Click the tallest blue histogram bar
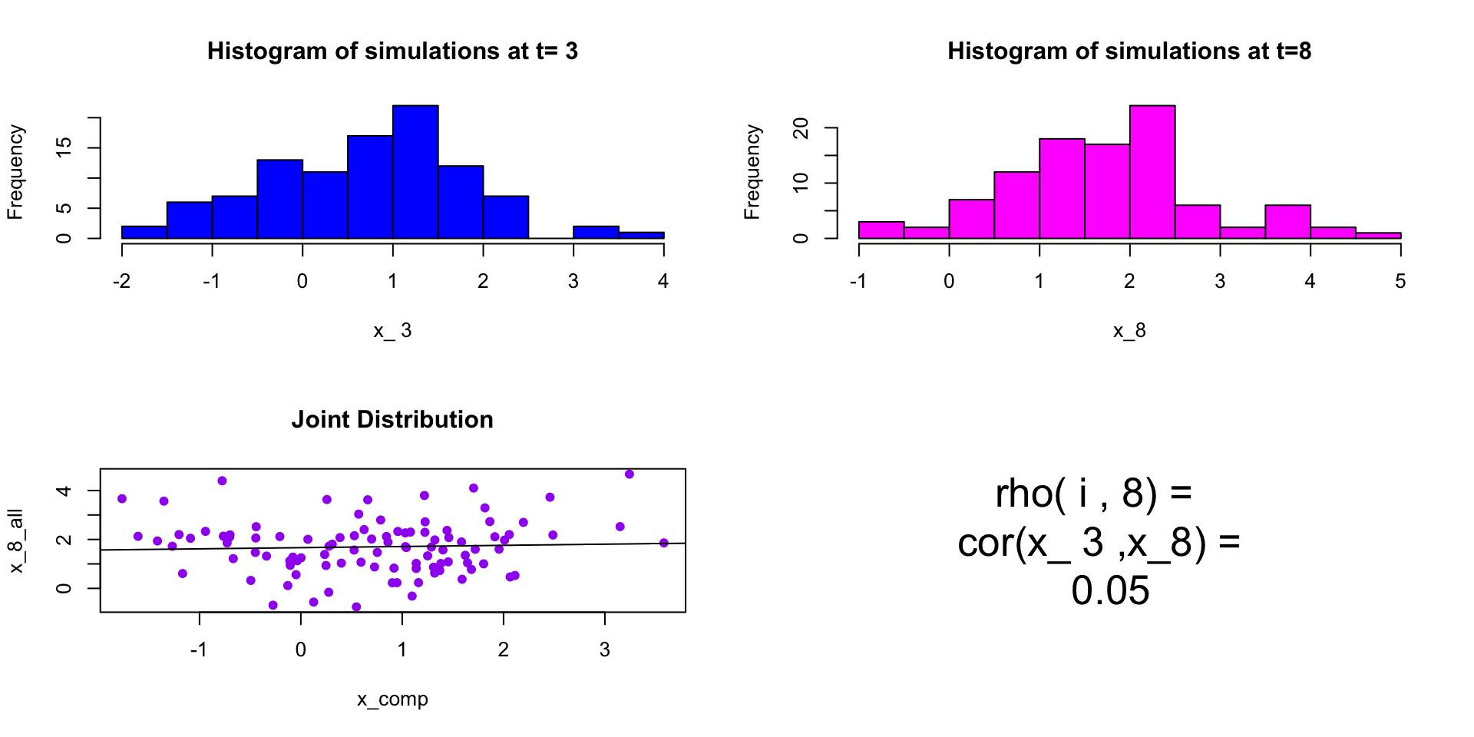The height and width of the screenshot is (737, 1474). pos(415,172)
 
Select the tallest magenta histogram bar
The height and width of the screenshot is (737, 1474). pos(1152,172)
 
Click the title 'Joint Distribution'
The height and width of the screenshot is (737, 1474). pos(392,420)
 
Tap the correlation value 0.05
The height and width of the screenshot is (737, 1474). pos(1110,591)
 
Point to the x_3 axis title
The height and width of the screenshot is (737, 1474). pos(392,331)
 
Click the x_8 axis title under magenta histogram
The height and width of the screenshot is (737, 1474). pos(1129,331)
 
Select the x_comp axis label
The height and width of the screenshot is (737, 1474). pos(392,699)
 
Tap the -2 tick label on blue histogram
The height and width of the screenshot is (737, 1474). pos(121,282)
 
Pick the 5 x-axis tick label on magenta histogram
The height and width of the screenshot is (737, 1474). pos(1400,282)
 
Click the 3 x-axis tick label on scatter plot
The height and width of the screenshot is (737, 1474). pos(605,650)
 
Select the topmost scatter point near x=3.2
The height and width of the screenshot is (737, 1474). pos(630,474)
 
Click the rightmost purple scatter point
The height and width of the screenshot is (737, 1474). pos(664,543)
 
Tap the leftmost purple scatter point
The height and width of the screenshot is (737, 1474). pos(122,499)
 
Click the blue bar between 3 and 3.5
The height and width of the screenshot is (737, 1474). pos(596,232)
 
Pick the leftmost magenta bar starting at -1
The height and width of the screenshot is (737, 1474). pos(881,230)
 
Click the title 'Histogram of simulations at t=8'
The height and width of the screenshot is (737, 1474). pos(1129,51)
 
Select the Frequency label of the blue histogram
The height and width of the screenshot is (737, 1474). pos(15,172)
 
